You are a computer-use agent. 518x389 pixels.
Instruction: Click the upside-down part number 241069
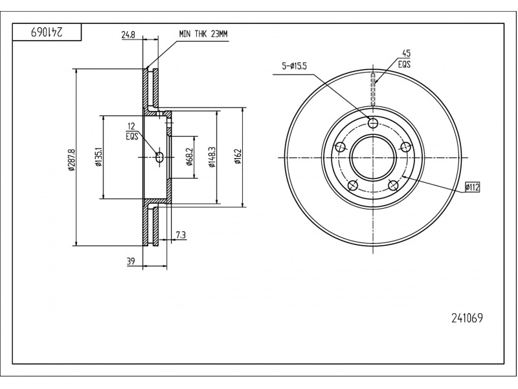tap(47, 32)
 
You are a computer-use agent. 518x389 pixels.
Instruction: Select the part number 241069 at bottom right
tap(467, 318)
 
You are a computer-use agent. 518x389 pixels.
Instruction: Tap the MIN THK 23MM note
tap(203, 34)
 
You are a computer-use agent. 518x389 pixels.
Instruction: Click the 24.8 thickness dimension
tap(128, 35)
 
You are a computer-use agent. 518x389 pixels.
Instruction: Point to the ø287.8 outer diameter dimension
tap(72, 160)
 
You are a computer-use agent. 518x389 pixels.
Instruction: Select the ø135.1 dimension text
tap(99, 157)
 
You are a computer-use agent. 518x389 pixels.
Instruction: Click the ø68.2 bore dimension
tap(189, 157)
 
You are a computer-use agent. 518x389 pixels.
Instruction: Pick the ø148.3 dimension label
tap(212, 157)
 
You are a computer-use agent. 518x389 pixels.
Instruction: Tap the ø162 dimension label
tap(238, 157)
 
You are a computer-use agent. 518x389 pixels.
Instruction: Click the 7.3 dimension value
tap(181, 235)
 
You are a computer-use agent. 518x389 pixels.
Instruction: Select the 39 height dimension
tap(131, 261)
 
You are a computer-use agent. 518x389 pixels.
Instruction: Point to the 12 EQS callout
tap(132, 132)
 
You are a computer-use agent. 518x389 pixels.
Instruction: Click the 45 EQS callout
tap(404, 58)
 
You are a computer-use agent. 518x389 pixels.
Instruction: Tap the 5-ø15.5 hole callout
tap(294, 66)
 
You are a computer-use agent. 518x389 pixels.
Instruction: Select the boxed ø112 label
tap(472, 187)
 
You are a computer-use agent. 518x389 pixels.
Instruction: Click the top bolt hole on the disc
tap(373, 123)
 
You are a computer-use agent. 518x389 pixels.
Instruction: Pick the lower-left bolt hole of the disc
tap(353, 185)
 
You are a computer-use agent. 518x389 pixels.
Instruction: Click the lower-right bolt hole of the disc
tap(393, 185)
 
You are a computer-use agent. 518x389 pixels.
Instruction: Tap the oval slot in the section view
tap(159, 157)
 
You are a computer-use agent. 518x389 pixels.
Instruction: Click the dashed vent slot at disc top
tap(373, 89)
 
